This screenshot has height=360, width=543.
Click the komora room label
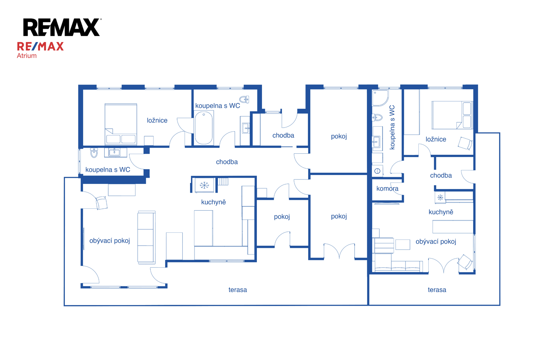tap(387, 189)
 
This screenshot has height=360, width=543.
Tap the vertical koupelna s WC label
tap(392, 127)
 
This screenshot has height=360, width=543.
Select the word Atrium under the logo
tap(27, 56)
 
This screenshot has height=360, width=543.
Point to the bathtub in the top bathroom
tap(204, 128)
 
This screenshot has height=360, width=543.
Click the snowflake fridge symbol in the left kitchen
tap(204, 185)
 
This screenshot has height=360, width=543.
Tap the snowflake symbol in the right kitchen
tap(440, 197)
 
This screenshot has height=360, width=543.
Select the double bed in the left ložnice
tap(121, 124)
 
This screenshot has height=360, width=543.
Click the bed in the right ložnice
tap(452, 115)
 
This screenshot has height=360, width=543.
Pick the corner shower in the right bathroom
tap(380, 98)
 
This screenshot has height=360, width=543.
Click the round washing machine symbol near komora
tap(377, 171)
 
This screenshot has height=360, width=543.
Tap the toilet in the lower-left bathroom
tap(94, 153)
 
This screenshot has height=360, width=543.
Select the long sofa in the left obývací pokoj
tap(146, 237)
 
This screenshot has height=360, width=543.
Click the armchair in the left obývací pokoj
tap(101, 203)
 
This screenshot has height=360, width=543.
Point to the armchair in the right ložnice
tap(465, 143)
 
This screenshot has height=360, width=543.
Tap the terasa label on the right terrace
tap(437, 290)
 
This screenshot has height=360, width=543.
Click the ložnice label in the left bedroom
tap(157, 120)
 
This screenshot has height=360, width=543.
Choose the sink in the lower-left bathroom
tap(114, 152)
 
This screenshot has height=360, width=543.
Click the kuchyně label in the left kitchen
tap(213, 202)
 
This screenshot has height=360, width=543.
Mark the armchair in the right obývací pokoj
tap(465, 262)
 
